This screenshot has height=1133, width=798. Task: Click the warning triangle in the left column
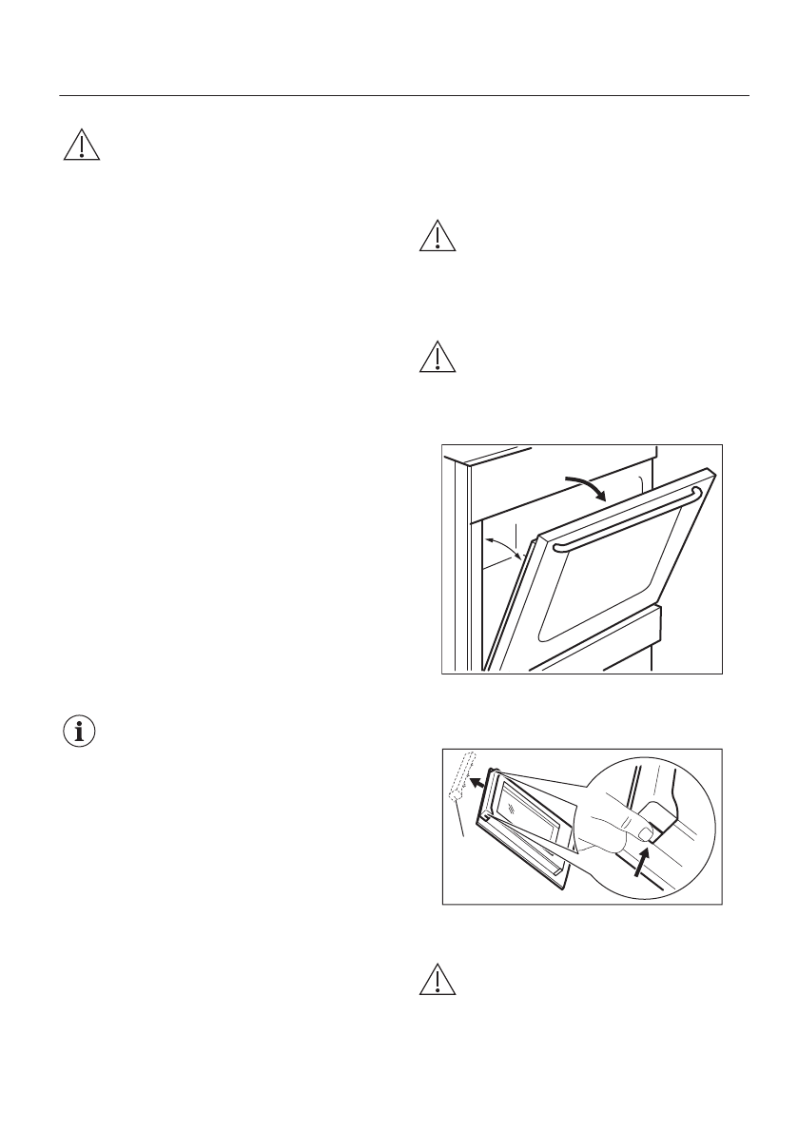(83, 144)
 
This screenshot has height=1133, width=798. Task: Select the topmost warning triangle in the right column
(438, 237)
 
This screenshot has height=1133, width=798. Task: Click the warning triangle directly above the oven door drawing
(438, 357)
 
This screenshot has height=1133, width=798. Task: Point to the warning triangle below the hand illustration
(438, 981)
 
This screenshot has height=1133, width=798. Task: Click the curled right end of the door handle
(697, 492)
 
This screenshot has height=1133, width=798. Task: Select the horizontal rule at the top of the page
(404, 95)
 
